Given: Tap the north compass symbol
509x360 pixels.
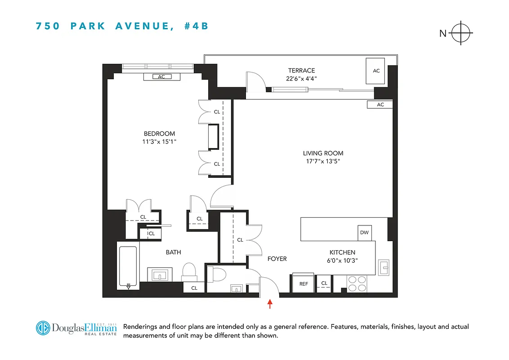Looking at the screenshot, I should (461, 33).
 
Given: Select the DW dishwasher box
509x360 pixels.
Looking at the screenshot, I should (364, 233).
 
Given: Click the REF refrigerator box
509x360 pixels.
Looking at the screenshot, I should (304, 283).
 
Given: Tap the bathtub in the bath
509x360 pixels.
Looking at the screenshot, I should (128, 266).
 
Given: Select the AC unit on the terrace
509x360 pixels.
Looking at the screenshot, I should (376, 71).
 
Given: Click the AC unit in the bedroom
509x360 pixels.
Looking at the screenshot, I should (161, 77).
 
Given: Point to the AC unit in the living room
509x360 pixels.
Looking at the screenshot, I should (380, 105).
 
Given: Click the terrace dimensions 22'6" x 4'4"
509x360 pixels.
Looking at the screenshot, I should (301, 78).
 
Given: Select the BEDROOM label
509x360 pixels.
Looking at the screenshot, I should (159, 134).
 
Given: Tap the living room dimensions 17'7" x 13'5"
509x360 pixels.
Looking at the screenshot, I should (323, 161).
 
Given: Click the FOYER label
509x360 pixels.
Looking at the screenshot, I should (277, 259).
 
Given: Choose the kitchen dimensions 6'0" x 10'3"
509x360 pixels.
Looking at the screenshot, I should (342, 260).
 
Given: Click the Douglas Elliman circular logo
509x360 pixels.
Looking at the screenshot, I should (44, 328).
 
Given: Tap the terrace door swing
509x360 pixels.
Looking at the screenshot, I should (255, 81).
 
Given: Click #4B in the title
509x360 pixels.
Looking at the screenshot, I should (196, 26).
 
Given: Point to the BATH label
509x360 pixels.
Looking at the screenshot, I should (173, 252).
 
